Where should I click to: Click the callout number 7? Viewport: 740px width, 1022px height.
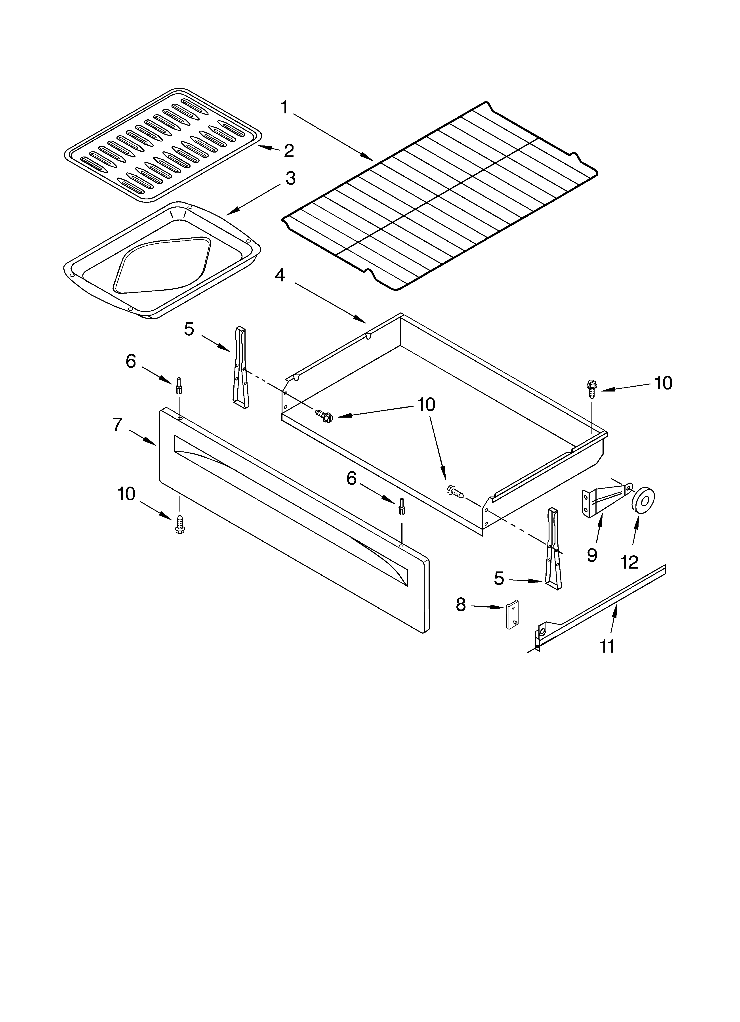point(117,424)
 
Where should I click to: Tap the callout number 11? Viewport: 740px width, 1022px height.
point(607,647)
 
